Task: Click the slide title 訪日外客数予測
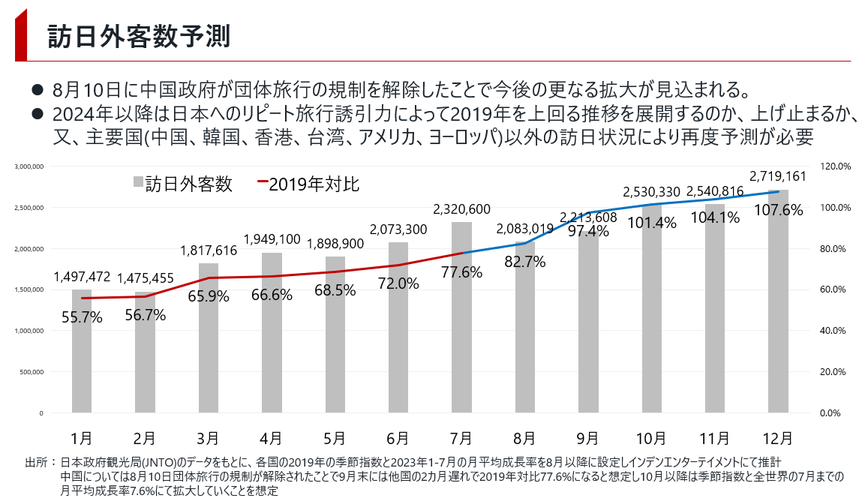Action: [139, 36]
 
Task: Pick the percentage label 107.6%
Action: [778, 211]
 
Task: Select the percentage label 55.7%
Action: [82, 317]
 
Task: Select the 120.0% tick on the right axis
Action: [833, 166]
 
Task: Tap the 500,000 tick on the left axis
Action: [32, 372]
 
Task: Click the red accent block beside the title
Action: [20, 36]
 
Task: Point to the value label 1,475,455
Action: [145, 278]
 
